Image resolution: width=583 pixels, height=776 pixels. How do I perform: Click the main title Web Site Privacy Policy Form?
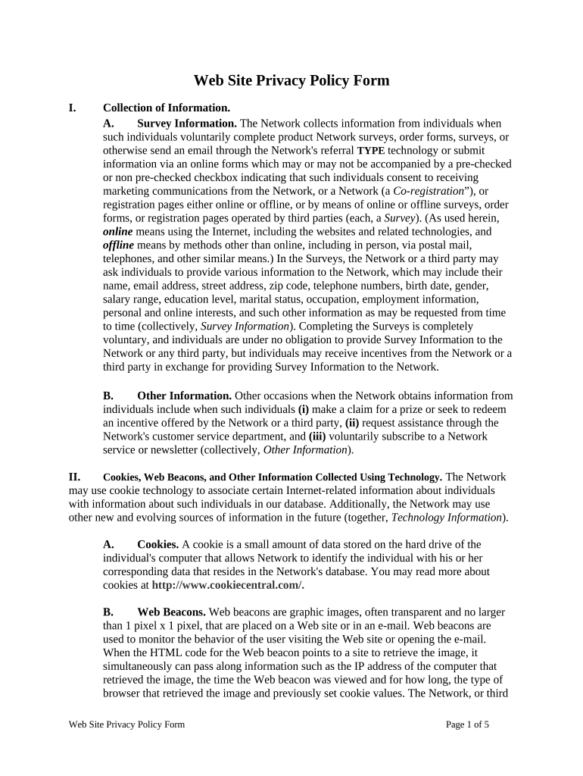coord(291,80)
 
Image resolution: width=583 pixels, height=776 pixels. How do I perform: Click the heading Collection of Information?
coord(167,108)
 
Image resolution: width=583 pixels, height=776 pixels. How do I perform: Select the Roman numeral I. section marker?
coord(72,108)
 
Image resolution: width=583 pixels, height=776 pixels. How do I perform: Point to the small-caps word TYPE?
coord(371,150)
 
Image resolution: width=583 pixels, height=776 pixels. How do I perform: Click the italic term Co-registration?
coord(429,191)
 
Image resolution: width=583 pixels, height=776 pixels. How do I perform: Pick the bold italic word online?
coord(117,232)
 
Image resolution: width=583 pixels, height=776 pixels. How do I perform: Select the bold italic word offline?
coord(118,246)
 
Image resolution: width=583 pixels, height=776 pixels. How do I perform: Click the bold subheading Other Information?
coord(184,396)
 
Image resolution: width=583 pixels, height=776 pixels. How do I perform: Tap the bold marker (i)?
coord(303,409)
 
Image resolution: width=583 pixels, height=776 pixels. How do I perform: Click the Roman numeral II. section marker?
coord(74,477)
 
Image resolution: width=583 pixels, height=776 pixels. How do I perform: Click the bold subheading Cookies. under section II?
coord(157,545)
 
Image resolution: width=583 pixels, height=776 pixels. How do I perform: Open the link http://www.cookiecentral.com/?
coord(228,586)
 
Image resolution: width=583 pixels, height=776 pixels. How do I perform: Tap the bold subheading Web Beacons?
coord(171,612)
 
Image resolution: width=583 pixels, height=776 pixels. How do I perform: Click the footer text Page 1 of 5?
coord(467,724)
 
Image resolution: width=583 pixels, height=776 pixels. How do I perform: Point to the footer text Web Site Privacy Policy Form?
coord(126,724)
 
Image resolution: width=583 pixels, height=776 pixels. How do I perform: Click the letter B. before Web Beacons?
coord(108,612)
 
